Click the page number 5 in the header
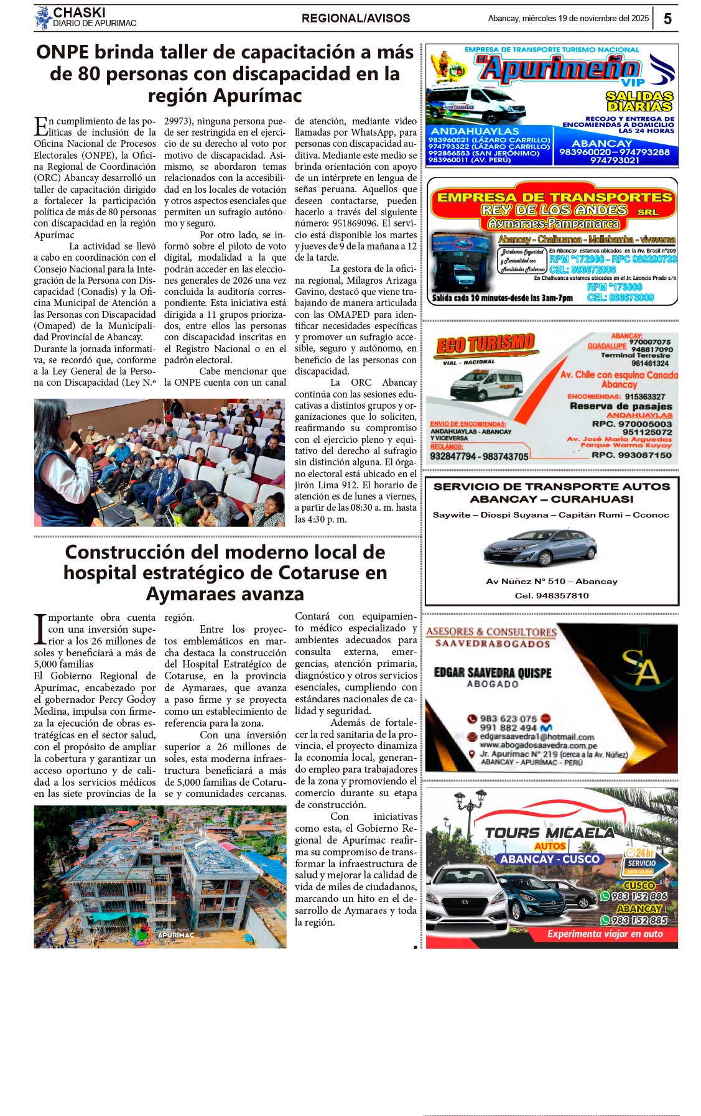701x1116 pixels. point(667,19)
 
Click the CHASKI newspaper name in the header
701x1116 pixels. point(79,12)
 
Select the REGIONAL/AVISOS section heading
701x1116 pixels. point(355,19)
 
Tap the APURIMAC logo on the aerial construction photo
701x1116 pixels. point(175,934)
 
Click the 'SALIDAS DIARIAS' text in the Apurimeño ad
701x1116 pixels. point(639,101)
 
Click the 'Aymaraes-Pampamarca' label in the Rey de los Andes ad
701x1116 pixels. point(553,224)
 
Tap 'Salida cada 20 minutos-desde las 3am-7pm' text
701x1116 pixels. point(503,298)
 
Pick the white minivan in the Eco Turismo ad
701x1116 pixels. point(486,384)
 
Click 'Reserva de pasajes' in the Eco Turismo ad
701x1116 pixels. point(621,406)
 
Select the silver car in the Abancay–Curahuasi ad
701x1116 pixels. point(540,547)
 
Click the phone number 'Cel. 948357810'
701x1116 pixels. point(552,595)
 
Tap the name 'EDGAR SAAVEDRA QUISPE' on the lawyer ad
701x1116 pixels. point(493,672)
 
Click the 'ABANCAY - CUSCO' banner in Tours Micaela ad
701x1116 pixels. point(550,859)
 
